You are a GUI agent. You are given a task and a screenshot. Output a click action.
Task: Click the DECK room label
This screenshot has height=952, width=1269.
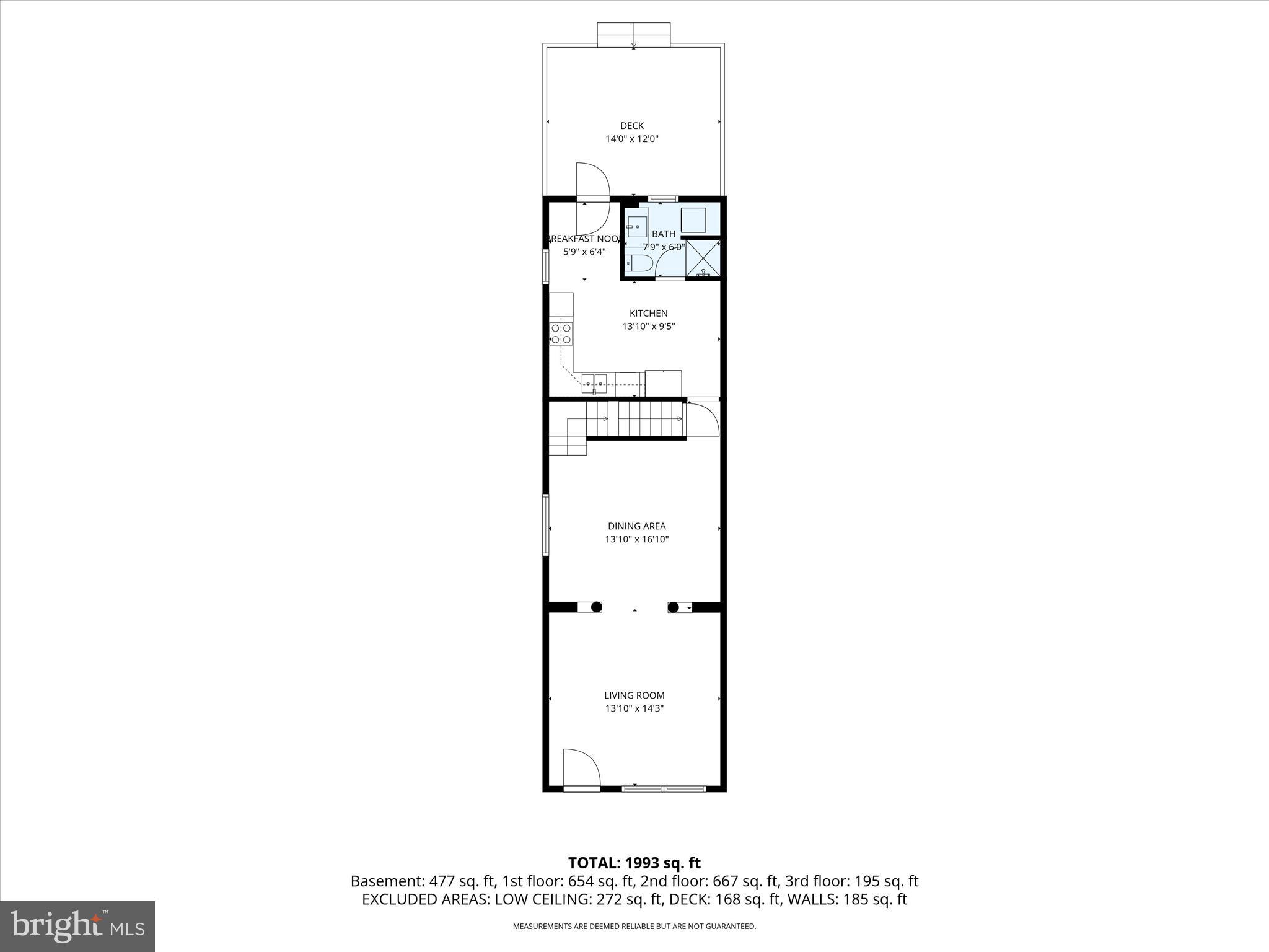coord(631,126)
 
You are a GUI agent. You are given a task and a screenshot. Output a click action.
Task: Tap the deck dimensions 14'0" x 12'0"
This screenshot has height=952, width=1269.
coord(631,139)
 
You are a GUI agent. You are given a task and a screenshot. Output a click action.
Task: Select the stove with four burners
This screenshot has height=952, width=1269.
coord(561,333)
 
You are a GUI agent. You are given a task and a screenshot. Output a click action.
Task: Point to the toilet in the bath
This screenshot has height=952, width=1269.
coord(637,264)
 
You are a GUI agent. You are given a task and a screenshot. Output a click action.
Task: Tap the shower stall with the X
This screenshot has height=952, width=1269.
coord(703,259)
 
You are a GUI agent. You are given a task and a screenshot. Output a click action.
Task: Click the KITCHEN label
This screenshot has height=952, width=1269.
coord(648,314)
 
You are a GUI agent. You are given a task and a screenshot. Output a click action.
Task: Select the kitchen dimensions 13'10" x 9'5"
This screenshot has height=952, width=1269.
coord(648,327)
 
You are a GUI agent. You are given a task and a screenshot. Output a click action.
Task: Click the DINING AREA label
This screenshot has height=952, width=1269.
coord(636,526)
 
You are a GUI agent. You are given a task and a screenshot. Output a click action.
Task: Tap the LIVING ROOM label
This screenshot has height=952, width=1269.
coord(634,695)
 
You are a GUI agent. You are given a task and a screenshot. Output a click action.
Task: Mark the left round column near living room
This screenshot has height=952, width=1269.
coord(596,607)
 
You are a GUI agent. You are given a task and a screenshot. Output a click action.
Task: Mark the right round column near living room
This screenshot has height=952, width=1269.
coord(674,607)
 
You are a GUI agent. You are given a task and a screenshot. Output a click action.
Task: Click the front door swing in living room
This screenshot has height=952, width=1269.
coord(581,769)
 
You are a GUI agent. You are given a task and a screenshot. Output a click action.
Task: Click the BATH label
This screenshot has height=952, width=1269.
coord(664,234)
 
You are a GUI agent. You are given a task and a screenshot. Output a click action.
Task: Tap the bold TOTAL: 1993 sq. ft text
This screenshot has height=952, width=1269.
coord(634,863)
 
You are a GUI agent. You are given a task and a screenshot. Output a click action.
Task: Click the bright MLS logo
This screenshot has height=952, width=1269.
coord(77,926)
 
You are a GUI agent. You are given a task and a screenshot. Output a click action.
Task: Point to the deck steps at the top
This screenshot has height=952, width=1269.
coord(633,34)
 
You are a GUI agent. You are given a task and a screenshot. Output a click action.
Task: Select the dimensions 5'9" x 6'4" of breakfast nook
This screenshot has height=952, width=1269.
coord(584,252)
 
